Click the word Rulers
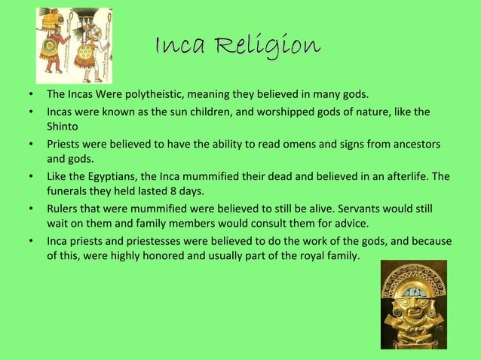pos(63,209)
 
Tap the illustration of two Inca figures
pos(74,44)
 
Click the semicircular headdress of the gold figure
pos(414,280)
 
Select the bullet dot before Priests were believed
pos(29,144)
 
